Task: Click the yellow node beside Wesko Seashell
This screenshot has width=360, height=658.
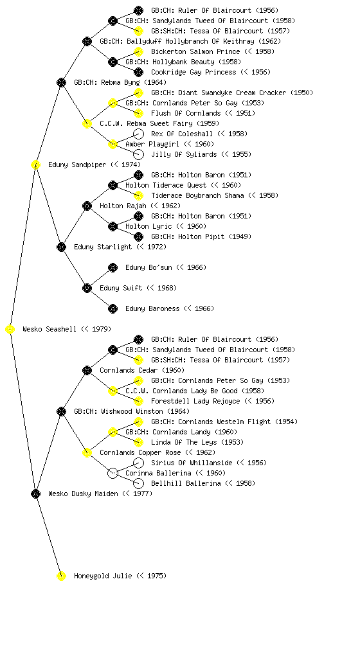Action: coord(10,330)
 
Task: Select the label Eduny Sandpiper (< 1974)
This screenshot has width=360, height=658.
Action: coord(94,165)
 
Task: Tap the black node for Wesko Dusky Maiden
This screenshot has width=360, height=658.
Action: coord(35,494)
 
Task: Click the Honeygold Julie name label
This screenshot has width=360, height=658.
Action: coord(120,576)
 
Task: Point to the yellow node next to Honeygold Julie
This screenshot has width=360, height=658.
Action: coord(61,576)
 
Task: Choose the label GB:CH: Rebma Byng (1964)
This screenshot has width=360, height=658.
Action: coord(120,83)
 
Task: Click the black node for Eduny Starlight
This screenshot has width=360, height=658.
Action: coord(61,247)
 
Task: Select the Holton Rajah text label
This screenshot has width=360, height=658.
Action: coord(140,206)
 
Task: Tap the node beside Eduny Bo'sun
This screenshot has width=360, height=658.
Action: coord(113,268)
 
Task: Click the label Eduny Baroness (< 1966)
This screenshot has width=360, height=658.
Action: coord(170,309)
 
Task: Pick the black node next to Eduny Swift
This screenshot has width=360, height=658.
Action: coord(87,289)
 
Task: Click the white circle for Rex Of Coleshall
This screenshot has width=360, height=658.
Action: coord(138,134)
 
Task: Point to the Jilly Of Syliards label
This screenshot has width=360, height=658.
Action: coord(201,154)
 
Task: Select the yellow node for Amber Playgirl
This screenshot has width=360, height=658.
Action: coord(113,145)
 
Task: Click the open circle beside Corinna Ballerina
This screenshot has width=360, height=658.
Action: coord(113,474)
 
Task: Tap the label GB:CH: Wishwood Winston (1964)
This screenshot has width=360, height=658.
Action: coord(132,412)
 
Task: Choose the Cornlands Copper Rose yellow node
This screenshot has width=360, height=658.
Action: coord(87,453)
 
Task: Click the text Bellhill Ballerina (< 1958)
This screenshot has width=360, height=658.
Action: coord(203,483)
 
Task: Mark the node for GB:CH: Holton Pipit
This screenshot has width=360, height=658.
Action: coord(138,237)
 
